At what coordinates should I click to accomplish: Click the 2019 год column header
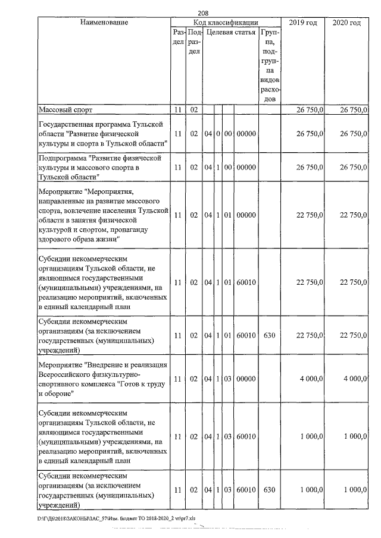point(302,23)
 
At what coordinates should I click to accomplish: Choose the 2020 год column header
point(346,23)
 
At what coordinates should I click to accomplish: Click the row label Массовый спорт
point(66,110)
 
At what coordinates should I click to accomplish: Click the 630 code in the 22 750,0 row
point(268,335)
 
